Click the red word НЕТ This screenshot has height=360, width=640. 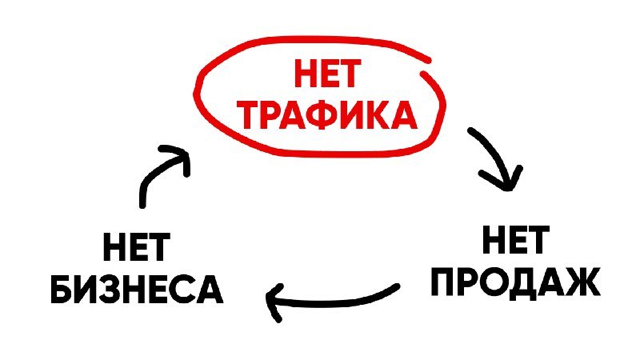tap(327, 74)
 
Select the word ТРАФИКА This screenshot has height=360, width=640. tap(327, 114)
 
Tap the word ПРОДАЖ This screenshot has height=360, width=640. tap(515, 282)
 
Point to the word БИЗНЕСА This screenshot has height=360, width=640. tap(137, 290)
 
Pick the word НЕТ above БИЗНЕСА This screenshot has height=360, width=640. tap(136, 247)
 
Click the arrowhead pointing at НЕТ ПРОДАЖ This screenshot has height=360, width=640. tap(506, 179)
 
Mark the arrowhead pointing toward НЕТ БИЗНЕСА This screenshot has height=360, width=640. tap(274, 302)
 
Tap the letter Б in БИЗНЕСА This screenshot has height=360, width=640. tap(63, 290)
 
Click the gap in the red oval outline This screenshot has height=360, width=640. tap(426, 67)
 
